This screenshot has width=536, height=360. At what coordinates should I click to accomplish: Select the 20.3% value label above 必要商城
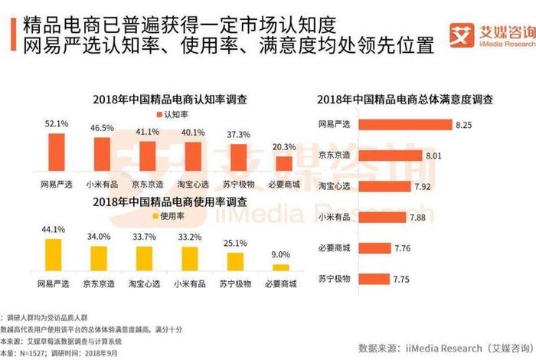coord(284,146)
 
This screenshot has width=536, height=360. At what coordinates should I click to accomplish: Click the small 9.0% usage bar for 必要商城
coord(282,267)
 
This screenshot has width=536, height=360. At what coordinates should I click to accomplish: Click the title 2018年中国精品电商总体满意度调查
coord(405,100)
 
